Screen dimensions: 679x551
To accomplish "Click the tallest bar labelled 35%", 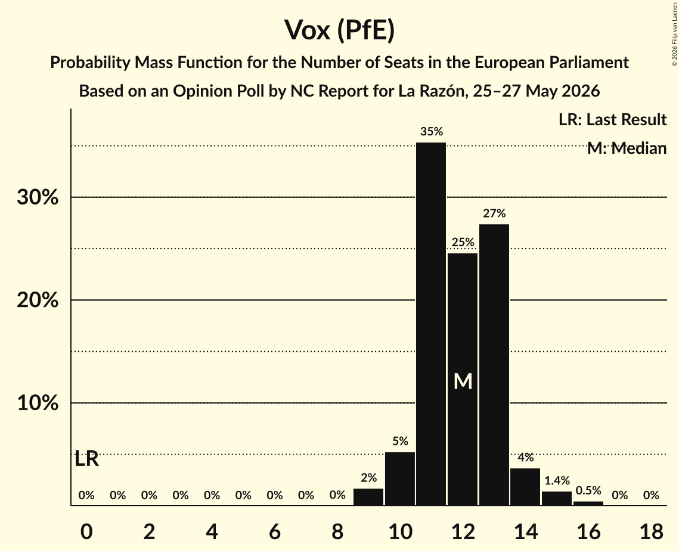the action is (431, 324).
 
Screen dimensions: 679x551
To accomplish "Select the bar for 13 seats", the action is (494, 365).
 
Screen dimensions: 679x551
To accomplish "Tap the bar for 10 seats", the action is (399, 479).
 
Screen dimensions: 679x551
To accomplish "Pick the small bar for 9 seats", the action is (368, 497).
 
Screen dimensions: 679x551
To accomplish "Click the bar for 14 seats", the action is (525, 487).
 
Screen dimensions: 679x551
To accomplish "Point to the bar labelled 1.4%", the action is (557, 499).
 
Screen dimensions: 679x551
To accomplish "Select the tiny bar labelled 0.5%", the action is (588, 503).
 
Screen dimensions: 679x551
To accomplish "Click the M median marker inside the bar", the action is (463, 381).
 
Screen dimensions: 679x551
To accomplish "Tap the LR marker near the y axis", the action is (86, 459).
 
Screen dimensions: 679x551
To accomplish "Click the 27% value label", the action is (494, 213).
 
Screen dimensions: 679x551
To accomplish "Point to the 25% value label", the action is (463, 242).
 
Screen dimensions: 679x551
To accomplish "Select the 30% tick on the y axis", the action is (38, 197).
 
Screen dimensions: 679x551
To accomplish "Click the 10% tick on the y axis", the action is (38, 403).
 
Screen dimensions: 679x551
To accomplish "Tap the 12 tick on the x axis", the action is (463, 531).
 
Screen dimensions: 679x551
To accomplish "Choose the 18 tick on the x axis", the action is (652, 531).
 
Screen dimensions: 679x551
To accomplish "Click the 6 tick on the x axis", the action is (275, 531).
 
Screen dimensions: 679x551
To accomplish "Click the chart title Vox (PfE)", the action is (340, 30).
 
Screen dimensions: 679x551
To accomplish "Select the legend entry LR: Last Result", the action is (612, 119).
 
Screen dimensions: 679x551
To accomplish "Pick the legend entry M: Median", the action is (627, 148).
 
